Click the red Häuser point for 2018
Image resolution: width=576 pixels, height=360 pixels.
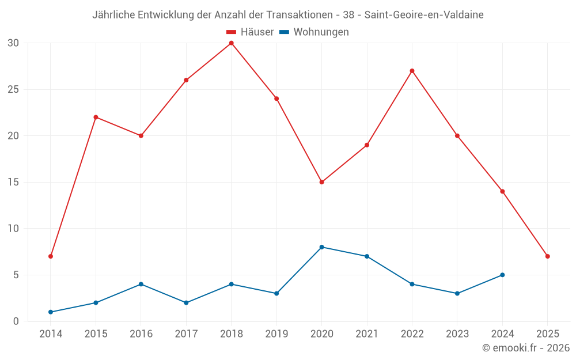click(x=231, y=43)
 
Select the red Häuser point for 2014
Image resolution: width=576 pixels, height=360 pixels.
click(x=51, y=256)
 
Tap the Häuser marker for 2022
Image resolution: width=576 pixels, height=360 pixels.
click(x=412, y=71)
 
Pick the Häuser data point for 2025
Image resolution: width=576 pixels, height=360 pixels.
click(x=547, y=256)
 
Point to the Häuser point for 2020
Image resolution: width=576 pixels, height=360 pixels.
click(x=321, y=182)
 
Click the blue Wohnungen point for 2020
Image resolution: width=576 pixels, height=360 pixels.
click(x=321, y=247)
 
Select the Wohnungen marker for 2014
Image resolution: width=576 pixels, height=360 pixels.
click(x=51, y=312)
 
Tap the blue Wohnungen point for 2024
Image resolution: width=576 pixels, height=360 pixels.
click(x=502, y=275)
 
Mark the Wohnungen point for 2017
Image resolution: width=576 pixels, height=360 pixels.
click(x=186, y=303)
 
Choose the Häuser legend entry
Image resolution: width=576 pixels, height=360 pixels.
click(x=250, y=32)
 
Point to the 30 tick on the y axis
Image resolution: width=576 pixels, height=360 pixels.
click(x=13, y=43)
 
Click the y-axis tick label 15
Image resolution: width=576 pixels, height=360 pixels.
click(x=13, y=182)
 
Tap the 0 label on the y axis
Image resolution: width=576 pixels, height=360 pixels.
click(x=16, y=321)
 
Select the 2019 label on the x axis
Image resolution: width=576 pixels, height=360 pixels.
click(x=276, y=334)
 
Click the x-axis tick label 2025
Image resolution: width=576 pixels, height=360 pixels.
click(x=547, y=334)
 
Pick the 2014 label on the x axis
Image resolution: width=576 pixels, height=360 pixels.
click(x=51, y=334)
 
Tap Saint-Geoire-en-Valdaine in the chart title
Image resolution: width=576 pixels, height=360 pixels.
click(x=424, y=14)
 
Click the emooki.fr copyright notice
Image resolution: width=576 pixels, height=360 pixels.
click(x=525, y=348)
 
